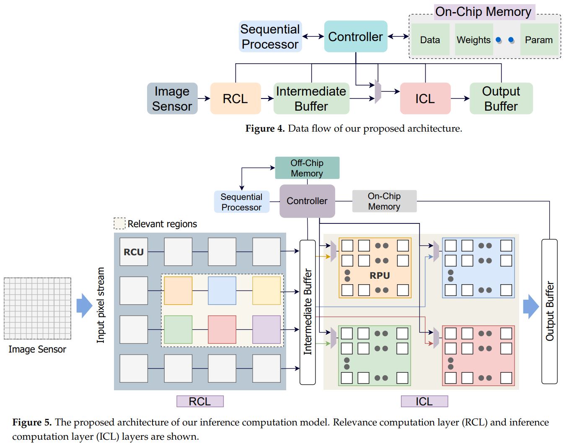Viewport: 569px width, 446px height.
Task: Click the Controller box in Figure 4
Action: pyautogui.click(x=355, y=36)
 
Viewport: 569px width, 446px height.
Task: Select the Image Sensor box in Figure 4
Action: pyautogui.click(x=172, y=99)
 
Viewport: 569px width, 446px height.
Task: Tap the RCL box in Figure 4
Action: pyautogui.click(x=235, y=99)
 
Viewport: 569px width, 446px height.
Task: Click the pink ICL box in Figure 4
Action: pyautogui.click(x=425, y=99)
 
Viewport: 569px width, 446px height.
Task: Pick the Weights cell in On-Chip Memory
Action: pyautogui.click(x=473, y=40)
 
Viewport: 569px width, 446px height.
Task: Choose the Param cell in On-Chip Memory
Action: pyautogui.click(x=539, y=40)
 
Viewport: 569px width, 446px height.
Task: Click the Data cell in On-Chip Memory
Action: pyautogui.click(x=430, y=40)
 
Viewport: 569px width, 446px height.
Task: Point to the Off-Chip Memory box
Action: pyautogui.click(x=307, y=168)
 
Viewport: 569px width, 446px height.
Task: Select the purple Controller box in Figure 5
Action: pyautogui.click(x=307, y=201)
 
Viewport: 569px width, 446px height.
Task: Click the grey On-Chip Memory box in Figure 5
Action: pyautogui.click(x=384, y=201)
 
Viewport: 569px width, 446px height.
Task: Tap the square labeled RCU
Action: pyautogui.click(x=134, y=252)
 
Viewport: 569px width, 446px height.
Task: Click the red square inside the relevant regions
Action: pyautogui.click(x=222, y=329)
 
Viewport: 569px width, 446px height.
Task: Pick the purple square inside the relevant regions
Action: pyautogui.click(x=266, y=329)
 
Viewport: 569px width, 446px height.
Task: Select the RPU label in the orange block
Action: pyautogui.click(x=380, y=276)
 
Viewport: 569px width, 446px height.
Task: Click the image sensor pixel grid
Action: pyautogui.click(x=37, y=308)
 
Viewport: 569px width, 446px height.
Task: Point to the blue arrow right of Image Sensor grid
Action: pyautogui.click(x=85, y=306)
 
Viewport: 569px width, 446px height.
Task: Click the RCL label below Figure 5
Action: pyautogui.click(x=200, y=402)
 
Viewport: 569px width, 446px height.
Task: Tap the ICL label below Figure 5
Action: pyautogui.click(x=424, y=402)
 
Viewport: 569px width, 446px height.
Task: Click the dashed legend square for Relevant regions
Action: pyautogui.click(x=119, y=223)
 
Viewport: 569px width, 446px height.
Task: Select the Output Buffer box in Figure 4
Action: pyautogui.click(x=501, y=99)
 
